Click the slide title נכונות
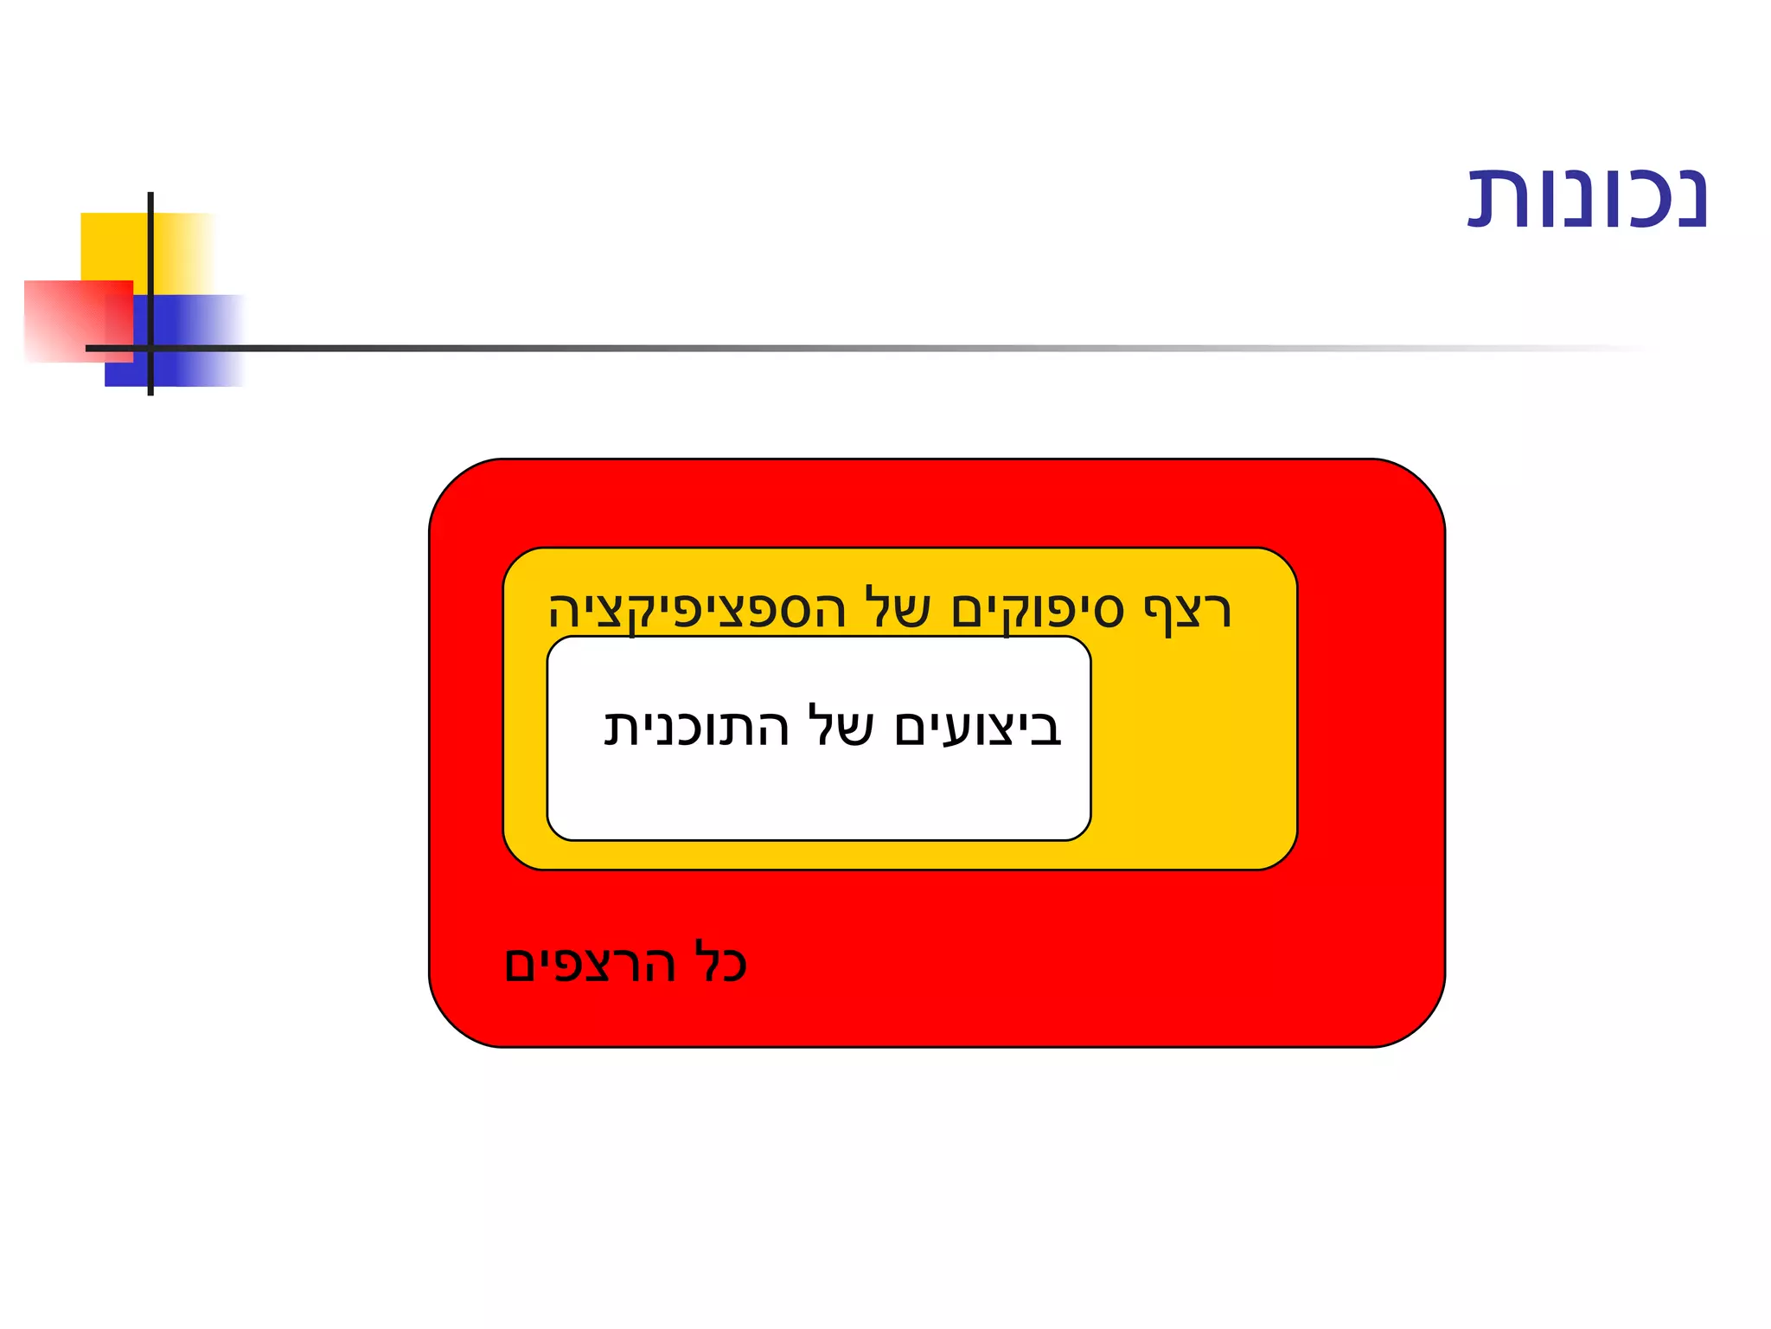[1588, 200]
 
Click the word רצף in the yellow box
[1186, 611]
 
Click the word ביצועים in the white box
[977, 727]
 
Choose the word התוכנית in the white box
[697, 727]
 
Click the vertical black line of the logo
[150, 260]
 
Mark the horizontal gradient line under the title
[865, 348]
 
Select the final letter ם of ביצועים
[915, 729]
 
